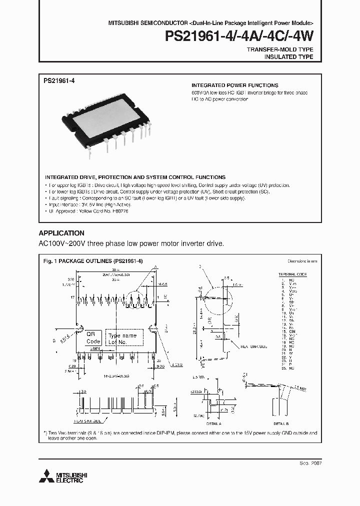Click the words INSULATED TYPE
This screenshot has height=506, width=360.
coord(288,57)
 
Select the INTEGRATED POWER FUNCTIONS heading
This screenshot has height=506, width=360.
coord(235,85)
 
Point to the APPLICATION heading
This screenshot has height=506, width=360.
coord(61,233)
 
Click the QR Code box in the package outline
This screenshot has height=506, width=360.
coord(93,337)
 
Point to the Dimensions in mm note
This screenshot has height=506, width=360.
coord(302,261)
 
